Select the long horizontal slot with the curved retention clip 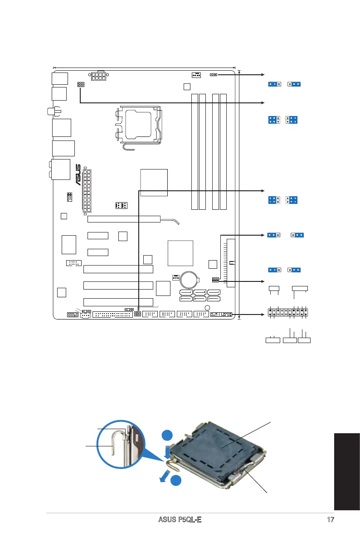point(124,219)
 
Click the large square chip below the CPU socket point(154,182)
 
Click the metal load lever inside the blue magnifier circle point(114,448)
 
